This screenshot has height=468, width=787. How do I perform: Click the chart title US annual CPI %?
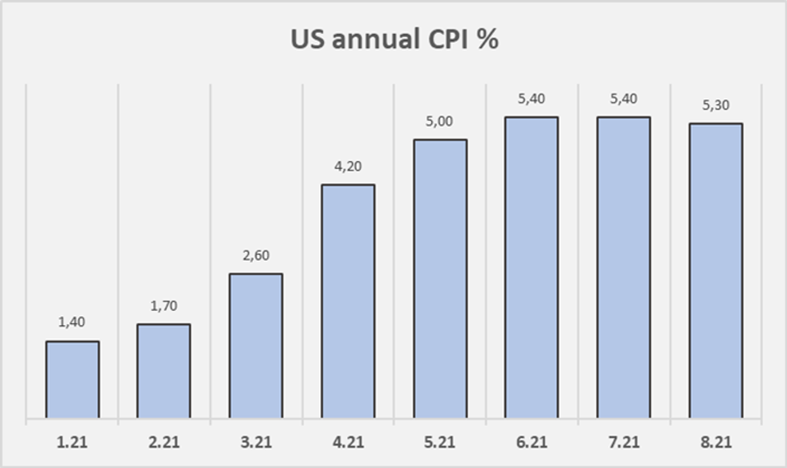(x=394, y=39)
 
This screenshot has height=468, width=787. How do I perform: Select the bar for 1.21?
(x=72, y=379)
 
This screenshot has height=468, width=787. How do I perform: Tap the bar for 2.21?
(x=164, y=371)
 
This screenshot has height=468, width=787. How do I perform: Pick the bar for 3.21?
(x=256, y=345)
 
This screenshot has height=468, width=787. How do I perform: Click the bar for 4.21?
(x=348, y=301)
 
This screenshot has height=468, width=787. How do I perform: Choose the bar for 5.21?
(x=440, y=279)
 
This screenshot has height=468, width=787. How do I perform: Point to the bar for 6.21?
(x=532, y=267)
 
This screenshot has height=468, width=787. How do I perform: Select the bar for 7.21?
(x=624, y=267)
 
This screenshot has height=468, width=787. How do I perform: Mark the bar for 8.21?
(x=716, y=270)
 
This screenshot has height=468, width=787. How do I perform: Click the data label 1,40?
(x=72, y=322)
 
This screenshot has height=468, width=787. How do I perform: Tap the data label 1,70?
(x=164, y=306)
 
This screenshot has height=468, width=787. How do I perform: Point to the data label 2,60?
(x=256, y=255)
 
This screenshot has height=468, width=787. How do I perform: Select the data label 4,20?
(x=348, y=166)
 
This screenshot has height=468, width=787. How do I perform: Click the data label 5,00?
(x=440, y=122)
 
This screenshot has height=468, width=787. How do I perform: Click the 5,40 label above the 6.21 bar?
(x=532, y=99)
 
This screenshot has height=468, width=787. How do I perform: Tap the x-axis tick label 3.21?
(x=256, y=442)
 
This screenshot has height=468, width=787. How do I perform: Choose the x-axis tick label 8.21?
(x=716, y=442)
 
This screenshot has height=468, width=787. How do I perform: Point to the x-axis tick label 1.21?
(x=72, y=442)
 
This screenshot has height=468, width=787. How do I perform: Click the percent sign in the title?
(x=487, y=39)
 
